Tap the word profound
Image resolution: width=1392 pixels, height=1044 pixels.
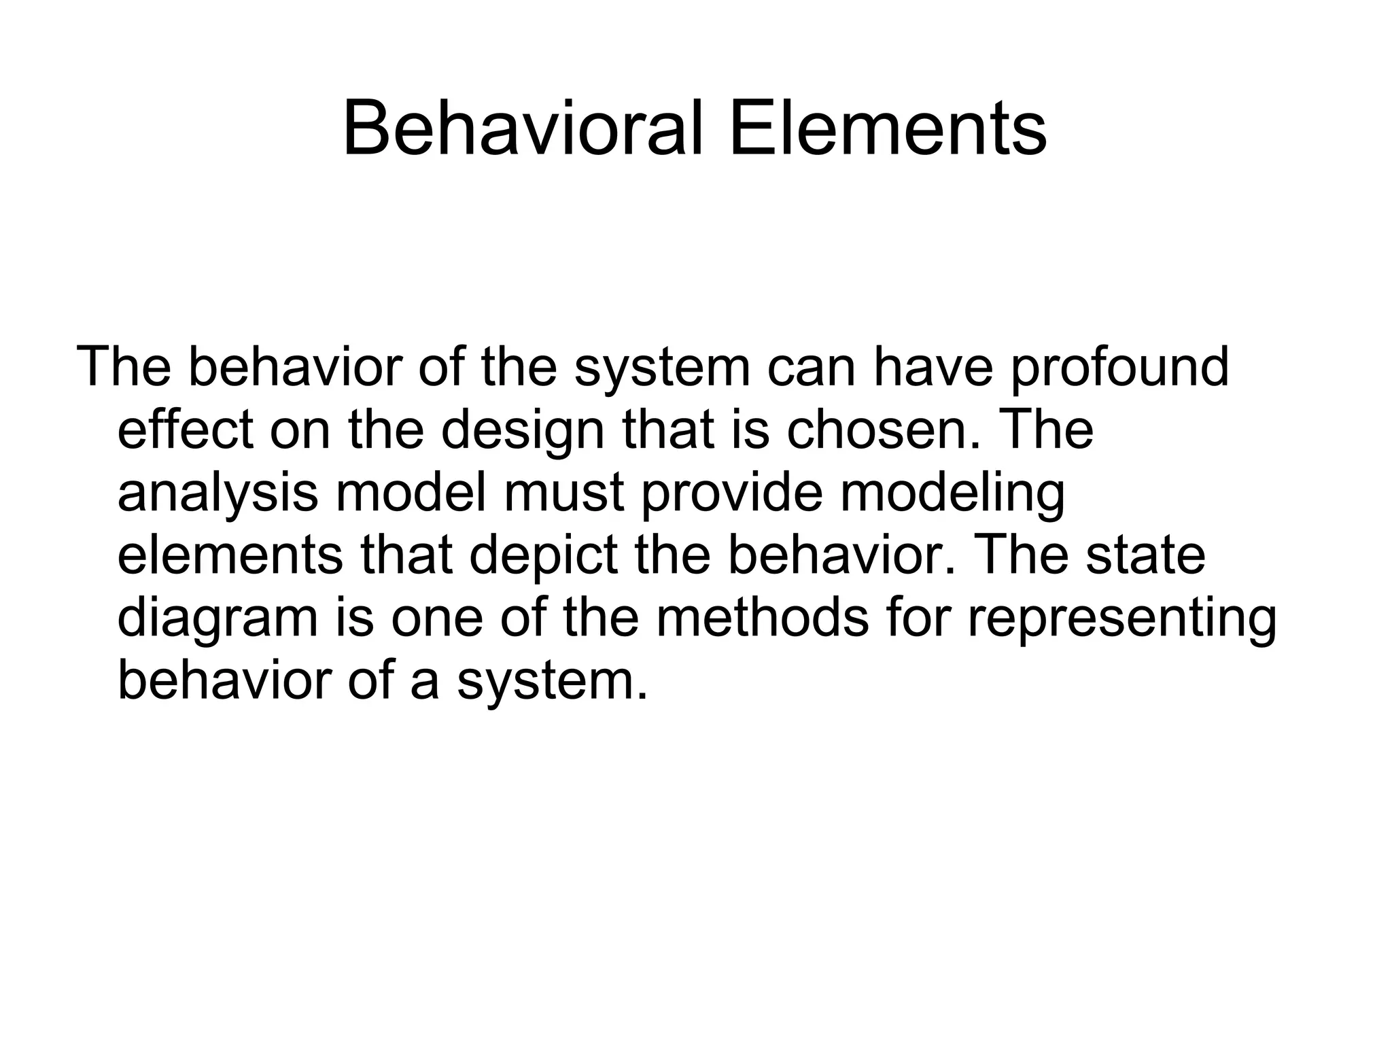click(1119, 368)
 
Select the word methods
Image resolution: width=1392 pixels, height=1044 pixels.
click(762, 618)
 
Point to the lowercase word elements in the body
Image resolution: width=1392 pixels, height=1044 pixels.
click(230, 556)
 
